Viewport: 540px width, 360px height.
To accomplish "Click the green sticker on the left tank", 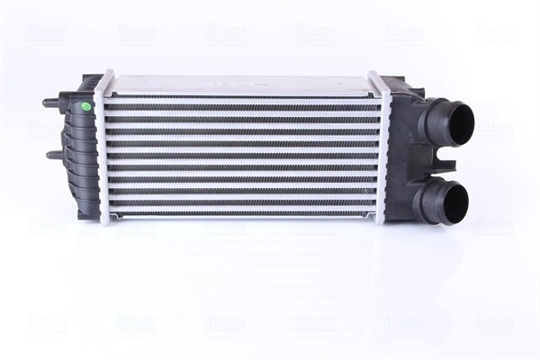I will click(86, 105).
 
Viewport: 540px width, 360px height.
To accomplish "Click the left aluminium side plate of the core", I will click(104, 148).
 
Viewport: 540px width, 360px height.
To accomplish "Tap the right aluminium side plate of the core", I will click(382, 148).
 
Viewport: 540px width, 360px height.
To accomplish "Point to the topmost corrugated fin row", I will click(243, 101).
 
